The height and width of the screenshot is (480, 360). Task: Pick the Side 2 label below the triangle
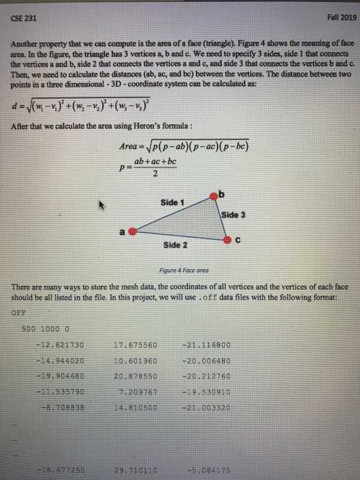click(x=176, y=245)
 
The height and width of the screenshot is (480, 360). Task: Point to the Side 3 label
click(x=234, y=215)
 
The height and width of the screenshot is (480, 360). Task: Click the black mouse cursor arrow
click(x=103, y=204)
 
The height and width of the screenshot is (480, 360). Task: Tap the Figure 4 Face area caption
click(x=180, y=269)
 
